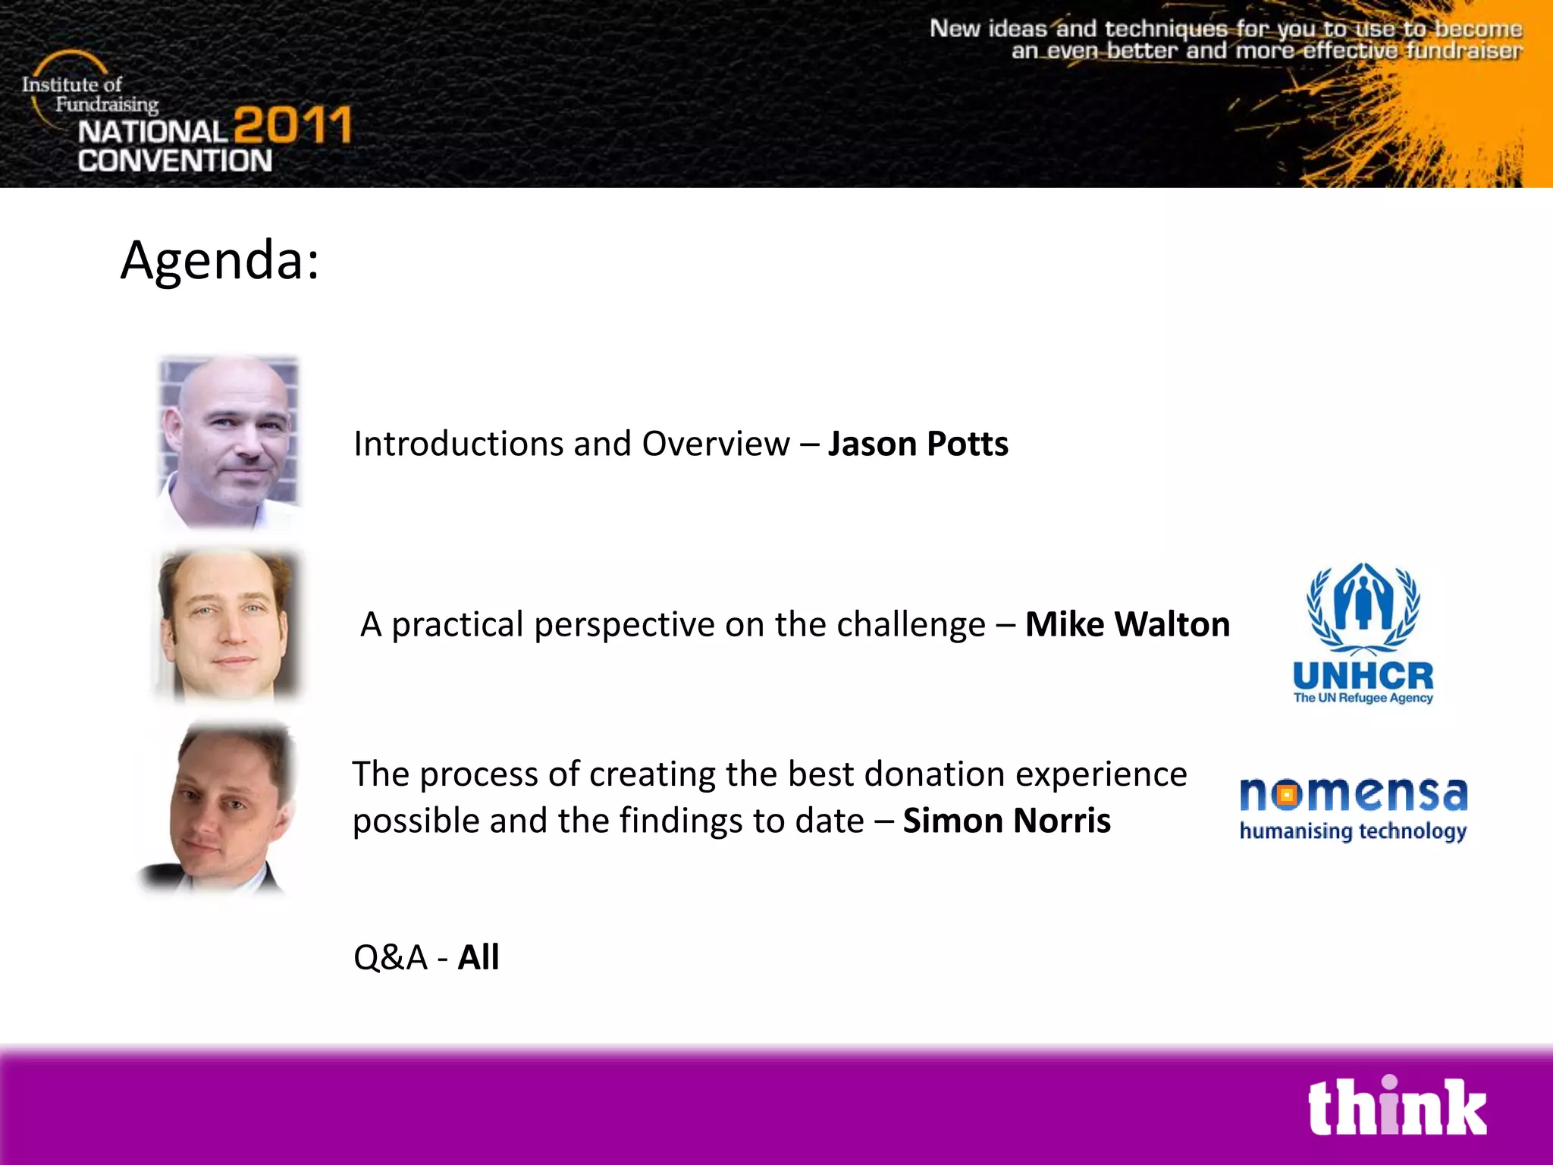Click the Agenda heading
220,260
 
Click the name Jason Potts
918,444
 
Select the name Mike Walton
1127,624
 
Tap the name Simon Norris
1006,821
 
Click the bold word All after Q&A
478,957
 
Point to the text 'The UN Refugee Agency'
1363,698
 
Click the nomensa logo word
1353,793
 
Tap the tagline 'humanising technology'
1353,831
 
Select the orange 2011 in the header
293,125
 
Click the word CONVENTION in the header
174,161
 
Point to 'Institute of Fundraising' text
89,94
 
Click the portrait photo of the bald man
229,441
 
